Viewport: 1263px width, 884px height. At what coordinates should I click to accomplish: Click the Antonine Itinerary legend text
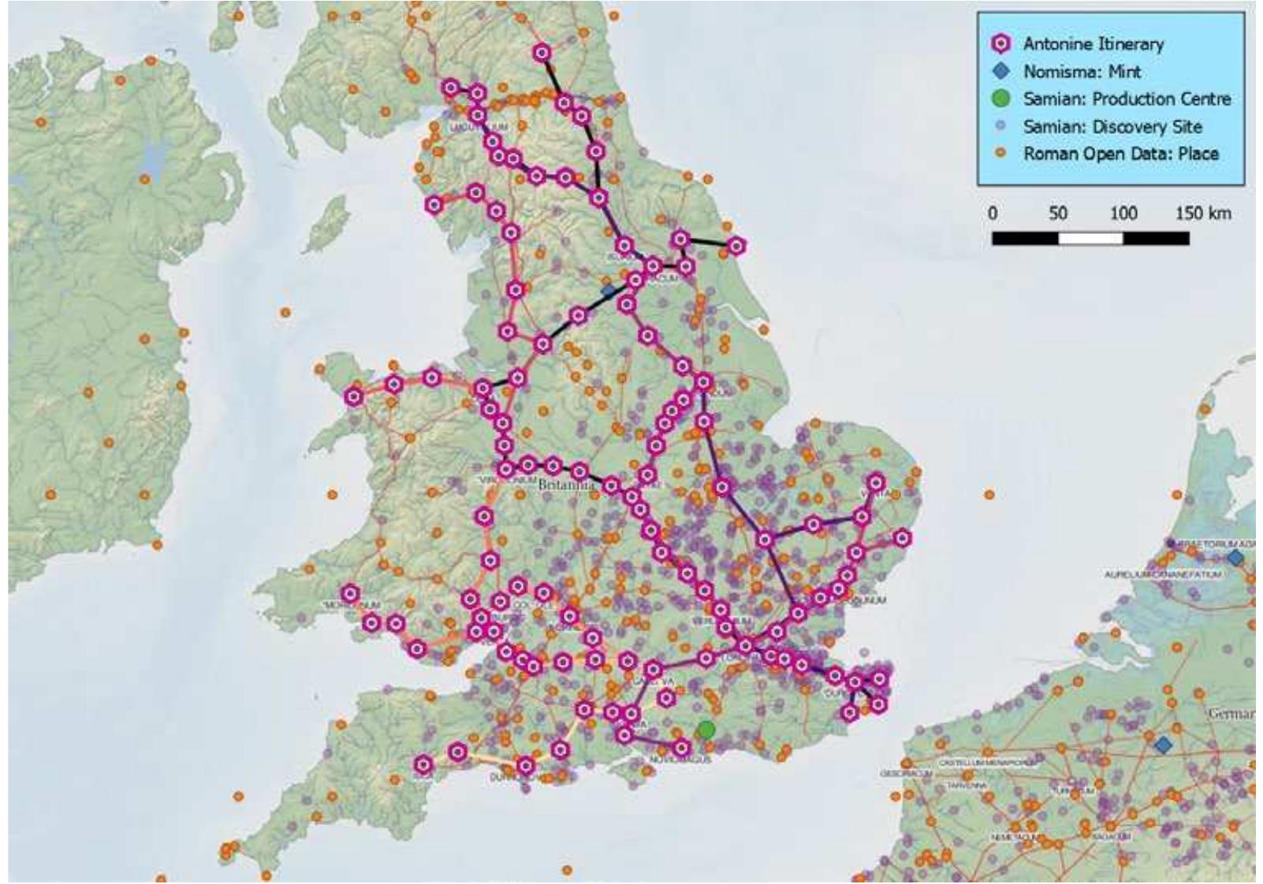point(1093,44)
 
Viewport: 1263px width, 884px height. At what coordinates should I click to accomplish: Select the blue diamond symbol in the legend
point(1002,72)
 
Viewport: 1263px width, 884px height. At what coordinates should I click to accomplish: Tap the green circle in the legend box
point(1001,99)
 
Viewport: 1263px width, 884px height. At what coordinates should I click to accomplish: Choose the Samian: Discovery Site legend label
point(1112,126)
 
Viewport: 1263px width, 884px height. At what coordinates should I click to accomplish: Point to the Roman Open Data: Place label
point(1120,154)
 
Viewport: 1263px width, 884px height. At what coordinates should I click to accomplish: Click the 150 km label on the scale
point(1203,214)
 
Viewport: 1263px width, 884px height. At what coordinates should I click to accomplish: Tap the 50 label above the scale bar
point(1058,214)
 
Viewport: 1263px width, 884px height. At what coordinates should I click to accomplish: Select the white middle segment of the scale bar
point(1090,238)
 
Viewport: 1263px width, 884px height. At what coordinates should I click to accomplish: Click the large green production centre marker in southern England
point(706,730)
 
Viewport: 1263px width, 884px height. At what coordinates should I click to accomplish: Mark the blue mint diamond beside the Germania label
point(1162,745)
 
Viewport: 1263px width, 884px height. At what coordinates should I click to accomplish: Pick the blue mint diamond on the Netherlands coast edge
point(1235,558)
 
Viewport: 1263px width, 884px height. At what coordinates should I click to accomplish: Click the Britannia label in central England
point(564,486)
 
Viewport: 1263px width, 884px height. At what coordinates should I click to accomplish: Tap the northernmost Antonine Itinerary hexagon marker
point(542,54)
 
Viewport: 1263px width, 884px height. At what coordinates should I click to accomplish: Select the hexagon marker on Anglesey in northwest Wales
point(354,397)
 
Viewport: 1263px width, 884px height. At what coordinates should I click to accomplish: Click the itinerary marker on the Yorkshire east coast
point(736,247)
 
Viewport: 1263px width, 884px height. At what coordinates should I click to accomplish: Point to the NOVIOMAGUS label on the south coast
point(681,760)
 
